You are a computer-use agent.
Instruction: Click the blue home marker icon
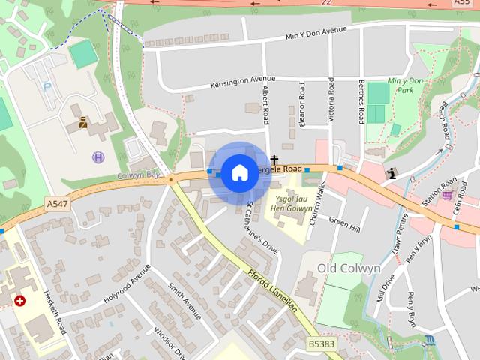pos(238,173)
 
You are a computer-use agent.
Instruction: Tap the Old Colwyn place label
pos(349,268)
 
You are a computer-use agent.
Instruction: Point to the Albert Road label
pos(265,105)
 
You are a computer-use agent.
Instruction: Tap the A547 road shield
pos(57,203)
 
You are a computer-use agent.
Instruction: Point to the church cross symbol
pos(275,160)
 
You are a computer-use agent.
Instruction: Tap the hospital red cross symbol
pos(19,300)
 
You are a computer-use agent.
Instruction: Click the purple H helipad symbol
pos(97,157)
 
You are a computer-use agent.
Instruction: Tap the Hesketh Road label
pos(55,312)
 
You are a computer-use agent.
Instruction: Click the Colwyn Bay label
pos(139,175)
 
